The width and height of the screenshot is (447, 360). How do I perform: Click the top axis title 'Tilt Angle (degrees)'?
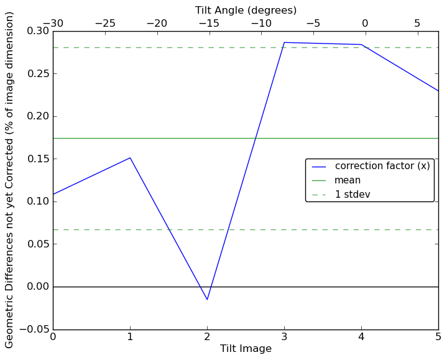(246, 10)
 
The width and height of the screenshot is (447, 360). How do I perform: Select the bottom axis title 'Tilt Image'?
(246, 349)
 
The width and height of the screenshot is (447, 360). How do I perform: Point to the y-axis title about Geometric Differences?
(10, 180)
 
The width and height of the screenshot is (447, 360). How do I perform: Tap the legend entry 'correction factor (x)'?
(382, 166)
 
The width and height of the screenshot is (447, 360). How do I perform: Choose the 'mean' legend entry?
(348, 180)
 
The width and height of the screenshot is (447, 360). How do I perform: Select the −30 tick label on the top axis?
(53, 24)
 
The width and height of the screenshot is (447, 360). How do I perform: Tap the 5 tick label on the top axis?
(417, 24)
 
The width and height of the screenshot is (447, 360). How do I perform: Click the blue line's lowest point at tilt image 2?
(207, 300)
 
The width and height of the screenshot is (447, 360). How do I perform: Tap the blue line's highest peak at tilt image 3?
(284, 42)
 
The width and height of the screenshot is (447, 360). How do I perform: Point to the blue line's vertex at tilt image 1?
(130, 157)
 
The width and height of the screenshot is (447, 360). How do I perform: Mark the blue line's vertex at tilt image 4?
(361, 45)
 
